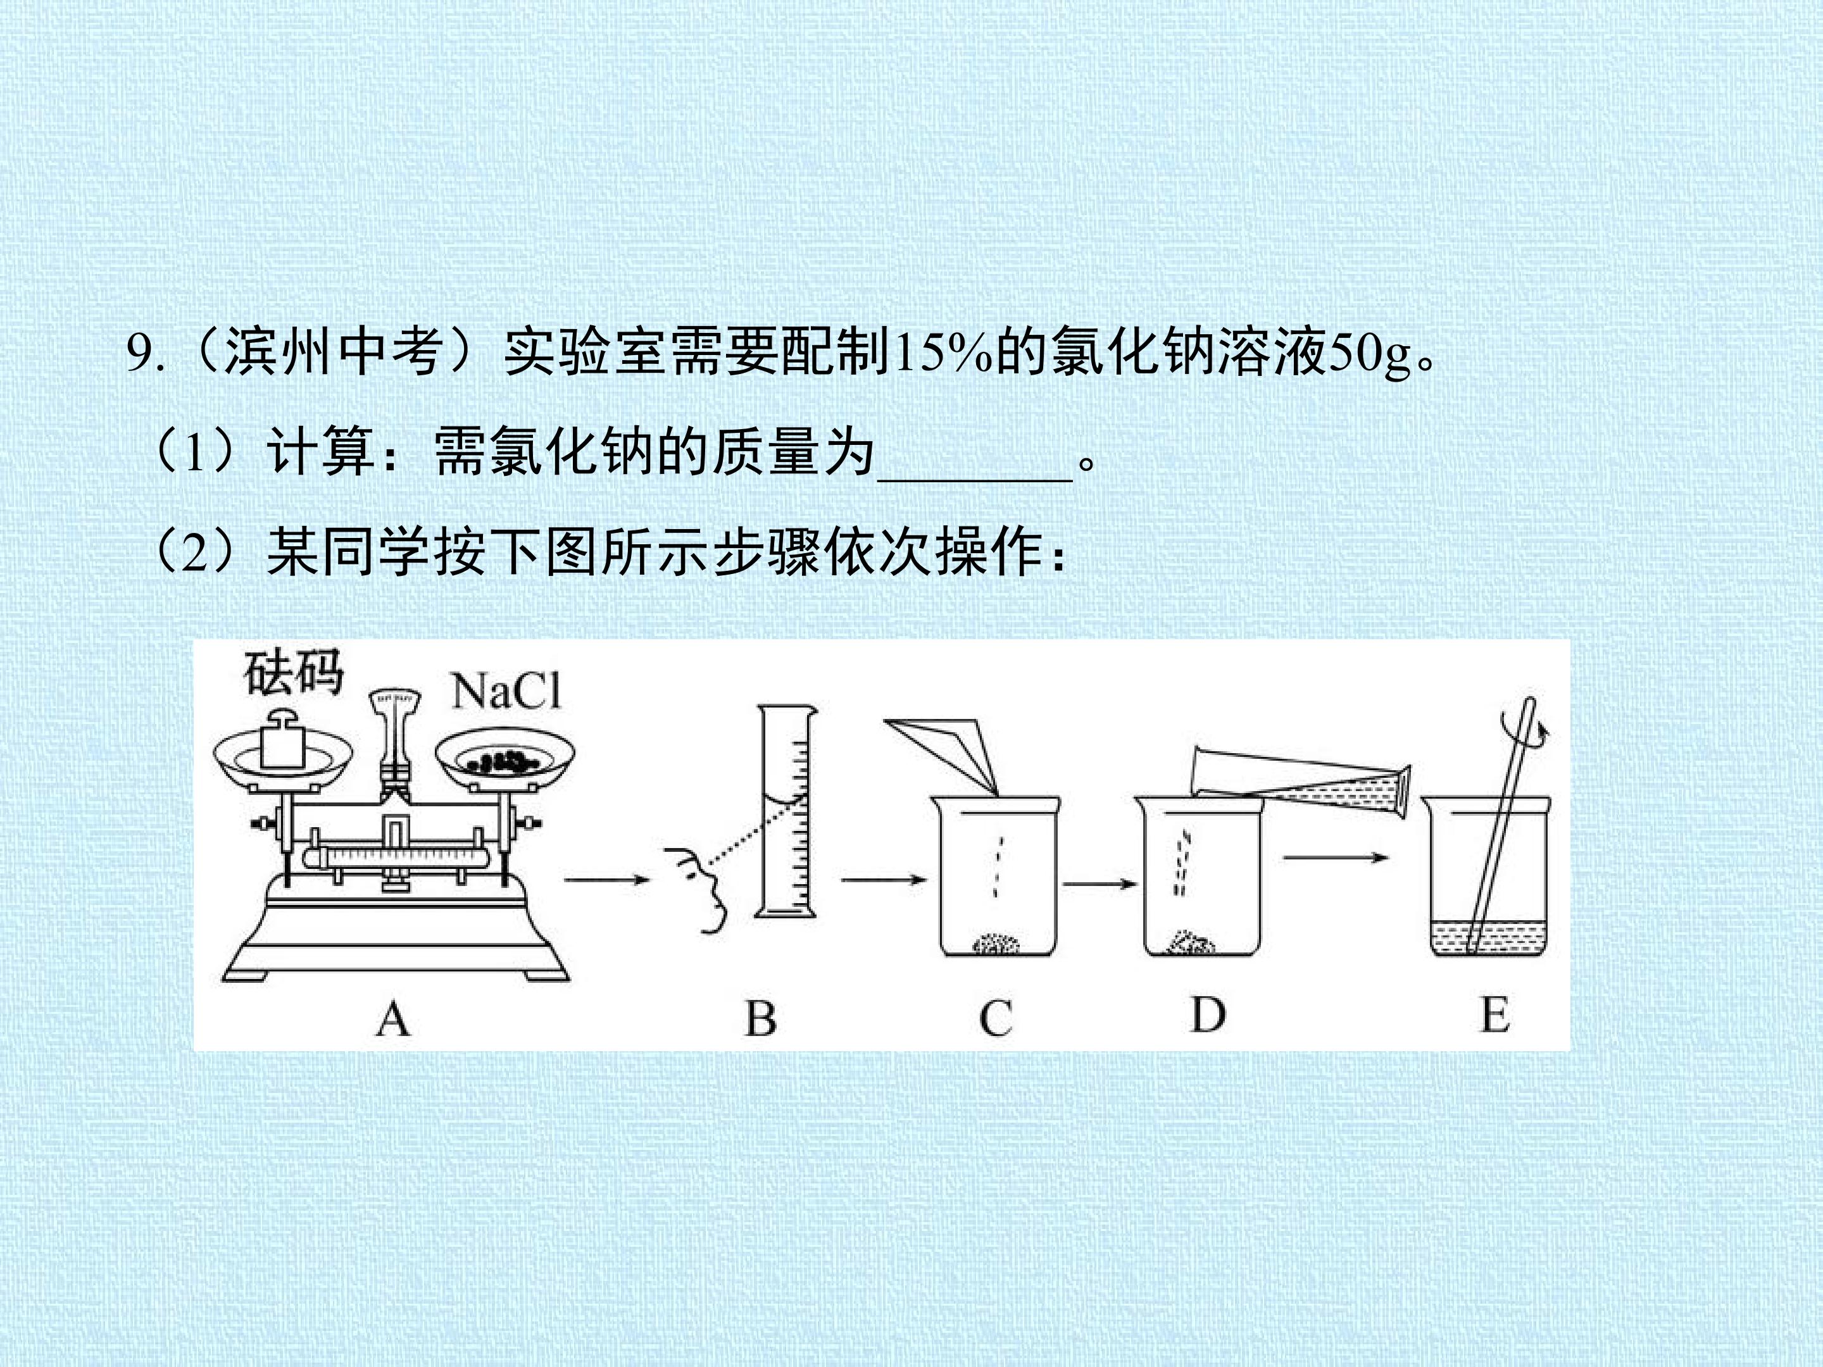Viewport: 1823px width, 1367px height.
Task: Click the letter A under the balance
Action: coord(393,1020)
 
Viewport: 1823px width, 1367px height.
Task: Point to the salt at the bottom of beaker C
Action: coord(996,944)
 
